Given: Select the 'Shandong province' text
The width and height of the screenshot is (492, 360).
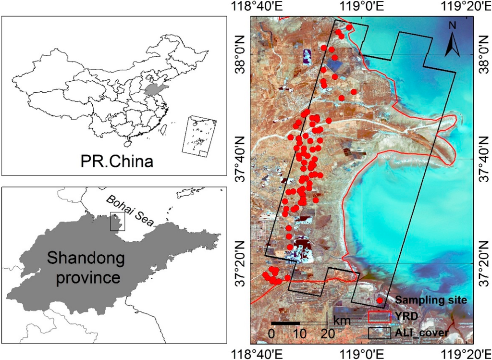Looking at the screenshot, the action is click(86, 268).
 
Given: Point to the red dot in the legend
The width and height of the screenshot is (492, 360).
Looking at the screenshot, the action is click(380, 300).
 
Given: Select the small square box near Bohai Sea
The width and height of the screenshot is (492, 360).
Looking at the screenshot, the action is click(117, 222).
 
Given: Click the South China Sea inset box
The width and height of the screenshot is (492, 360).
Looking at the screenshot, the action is click(199, 135).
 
